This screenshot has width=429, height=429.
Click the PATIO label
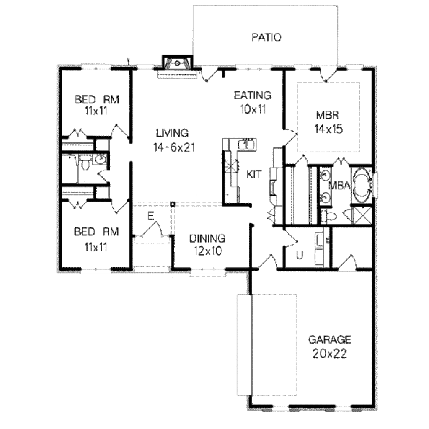(266, 37)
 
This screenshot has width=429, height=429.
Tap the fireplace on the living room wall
(178, 63)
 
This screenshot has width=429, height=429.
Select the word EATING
(252, 95)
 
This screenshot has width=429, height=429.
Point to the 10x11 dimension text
(253, 109)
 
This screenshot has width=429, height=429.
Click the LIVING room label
(172, 133)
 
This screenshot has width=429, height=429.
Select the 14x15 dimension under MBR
(328, 129)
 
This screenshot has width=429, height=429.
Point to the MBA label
(339, 185)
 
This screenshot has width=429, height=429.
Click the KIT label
(253, 174)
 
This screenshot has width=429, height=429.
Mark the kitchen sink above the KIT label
(248, 144)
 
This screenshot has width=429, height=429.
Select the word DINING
(207, 238)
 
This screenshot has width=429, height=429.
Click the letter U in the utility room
(300, 255)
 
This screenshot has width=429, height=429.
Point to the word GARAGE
(329, 339)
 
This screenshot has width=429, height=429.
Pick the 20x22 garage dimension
(329, 354)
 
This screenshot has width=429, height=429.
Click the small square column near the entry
(172, 204)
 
